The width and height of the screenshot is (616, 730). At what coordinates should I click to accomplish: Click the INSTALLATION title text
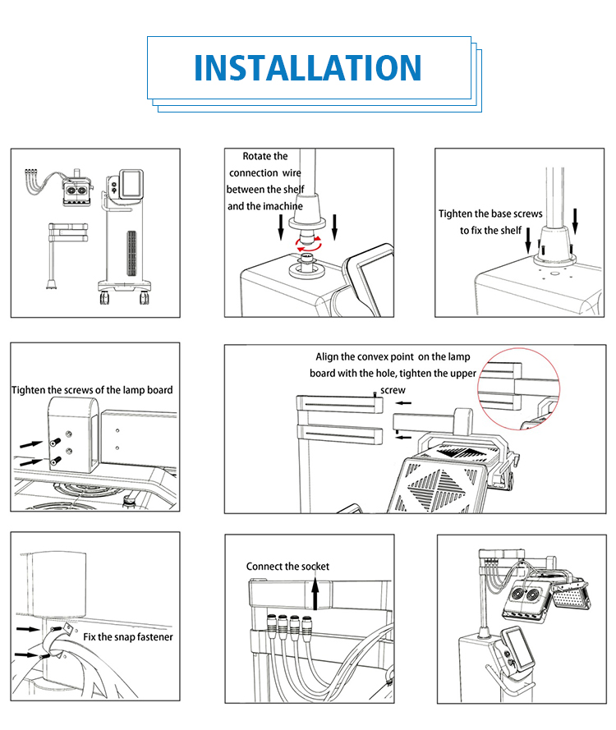(308, 68)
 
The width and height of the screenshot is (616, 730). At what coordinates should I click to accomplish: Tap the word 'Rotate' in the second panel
(255, 156)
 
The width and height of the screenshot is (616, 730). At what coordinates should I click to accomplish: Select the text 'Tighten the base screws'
(490, 213)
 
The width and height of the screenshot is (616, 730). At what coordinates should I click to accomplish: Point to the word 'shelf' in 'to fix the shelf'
(511, 231)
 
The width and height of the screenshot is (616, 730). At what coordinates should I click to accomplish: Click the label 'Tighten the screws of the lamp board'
(92, 390)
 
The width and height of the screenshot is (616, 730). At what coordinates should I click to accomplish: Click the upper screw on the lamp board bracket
(55, 441)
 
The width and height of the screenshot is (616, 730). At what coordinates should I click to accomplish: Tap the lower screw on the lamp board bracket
(55, 461)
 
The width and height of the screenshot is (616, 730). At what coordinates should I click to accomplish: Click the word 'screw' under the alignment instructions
(393, 390)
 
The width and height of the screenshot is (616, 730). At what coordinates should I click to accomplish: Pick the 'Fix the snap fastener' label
(127, 637)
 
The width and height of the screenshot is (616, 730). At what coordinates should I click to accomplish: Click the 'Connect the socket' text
(287, 567)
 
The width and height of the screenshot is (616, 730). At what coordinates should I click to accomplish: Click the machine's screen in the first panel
(131, 184)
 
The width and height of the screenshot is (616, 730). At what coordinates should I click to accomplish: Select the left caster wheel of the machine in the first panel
(103, 296)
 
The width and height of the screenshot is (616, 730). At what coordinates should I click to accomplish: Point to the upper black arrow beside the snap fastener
(28, 630)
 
